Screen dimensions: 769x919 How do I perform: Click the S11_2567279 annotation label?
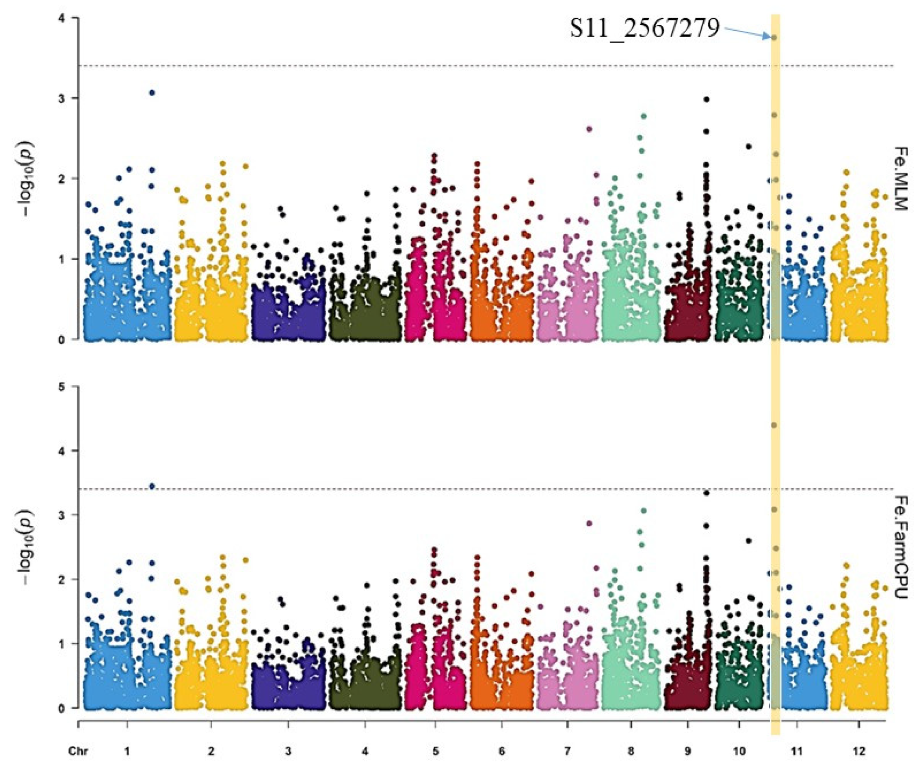[x=644, y=29]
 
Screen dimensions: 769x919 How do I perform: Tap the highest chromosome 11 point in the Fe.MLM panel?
[x=774, y=38]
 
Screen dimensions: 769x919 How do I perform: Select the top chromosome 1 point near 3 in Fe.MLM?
[x=152, y=93]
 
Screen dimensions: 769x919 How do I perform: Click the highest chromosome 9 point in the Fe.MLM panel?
[x=707, y=99]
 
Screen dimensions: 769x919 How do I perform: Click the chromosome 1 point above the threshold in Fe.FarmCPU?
[x=152, y=486]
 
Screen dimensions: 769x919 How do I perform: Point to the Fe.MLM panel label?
[x=900, y=179]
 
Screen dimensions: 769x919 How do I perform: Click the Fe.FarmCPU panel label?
[x=900, y=548]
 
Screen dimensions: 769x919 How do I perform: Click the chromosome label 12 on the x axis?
[x=858, y=751]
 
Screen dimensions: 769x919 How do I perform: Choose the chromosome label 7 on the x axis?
[x=567, y=751]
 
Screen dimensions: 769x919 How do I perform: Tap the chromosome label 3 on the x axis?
[x=288, y=751]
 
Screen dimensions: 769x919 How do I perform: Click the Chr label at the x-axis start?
[x=78, y=751]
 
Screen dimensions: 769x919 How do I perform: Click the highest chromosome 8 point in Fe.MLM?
[x=644, y=116]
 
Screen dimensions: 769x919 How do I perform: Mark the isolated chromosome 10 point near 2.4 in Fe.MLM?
[x=749, y=147]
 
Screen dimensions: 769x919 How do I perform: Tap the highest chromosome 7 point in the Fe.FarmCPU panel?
[x=590, y=523]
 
